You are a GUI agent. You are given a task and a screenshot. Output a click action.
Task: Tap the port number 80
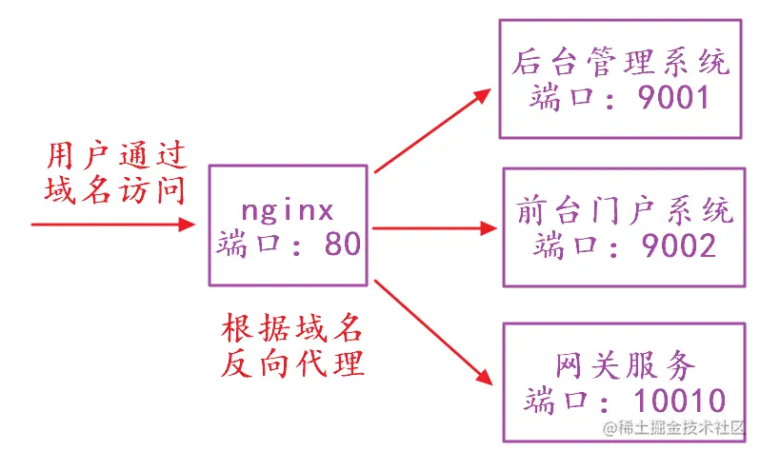342,245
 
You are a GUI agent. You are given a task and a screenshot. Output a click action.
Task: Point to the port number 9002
675,246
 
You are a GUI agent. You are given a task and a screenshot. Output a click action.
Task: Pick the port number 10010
670,400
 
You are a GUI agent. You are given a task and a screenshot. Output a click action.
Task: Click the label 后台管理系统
620,62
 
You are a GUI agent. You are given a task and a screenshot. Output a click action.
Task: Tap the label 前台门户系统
620,208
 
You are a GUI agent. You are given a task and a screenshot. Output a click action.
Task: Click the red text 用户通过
116,155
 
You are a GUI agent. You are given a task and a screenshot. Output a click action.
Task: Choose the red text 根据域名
291,329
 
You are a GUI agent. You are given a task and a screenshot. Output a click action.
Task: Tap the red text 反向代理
291,363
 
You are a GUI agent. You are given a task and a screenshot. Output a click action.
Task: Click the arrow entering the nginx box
114,225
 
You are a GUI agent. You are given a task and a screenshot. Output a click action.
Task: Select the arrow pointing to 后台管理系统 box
433,131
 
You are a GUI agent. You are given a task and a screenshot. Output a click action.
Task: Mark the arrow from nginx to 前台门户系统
433,228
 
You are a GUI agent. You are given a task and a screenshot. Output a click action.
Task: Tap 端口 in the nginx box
250,245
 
